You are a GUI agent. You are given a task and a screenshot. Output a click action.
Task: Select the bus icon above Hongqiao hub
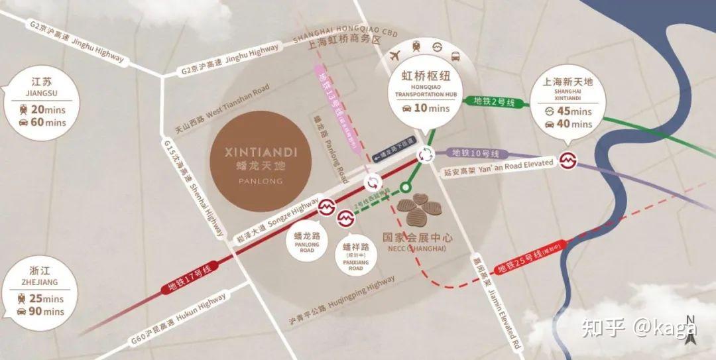pos(455,56)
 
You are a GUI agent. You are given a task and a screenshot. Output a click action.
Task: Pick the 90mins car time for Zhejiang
pos(46,311)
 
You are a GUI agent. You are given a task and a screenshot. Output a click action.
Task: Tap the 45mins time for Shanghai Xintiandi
pos(574,111)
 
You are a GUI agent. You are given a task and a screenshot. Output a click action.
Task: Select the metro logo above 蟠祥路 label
pos(346,219)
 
